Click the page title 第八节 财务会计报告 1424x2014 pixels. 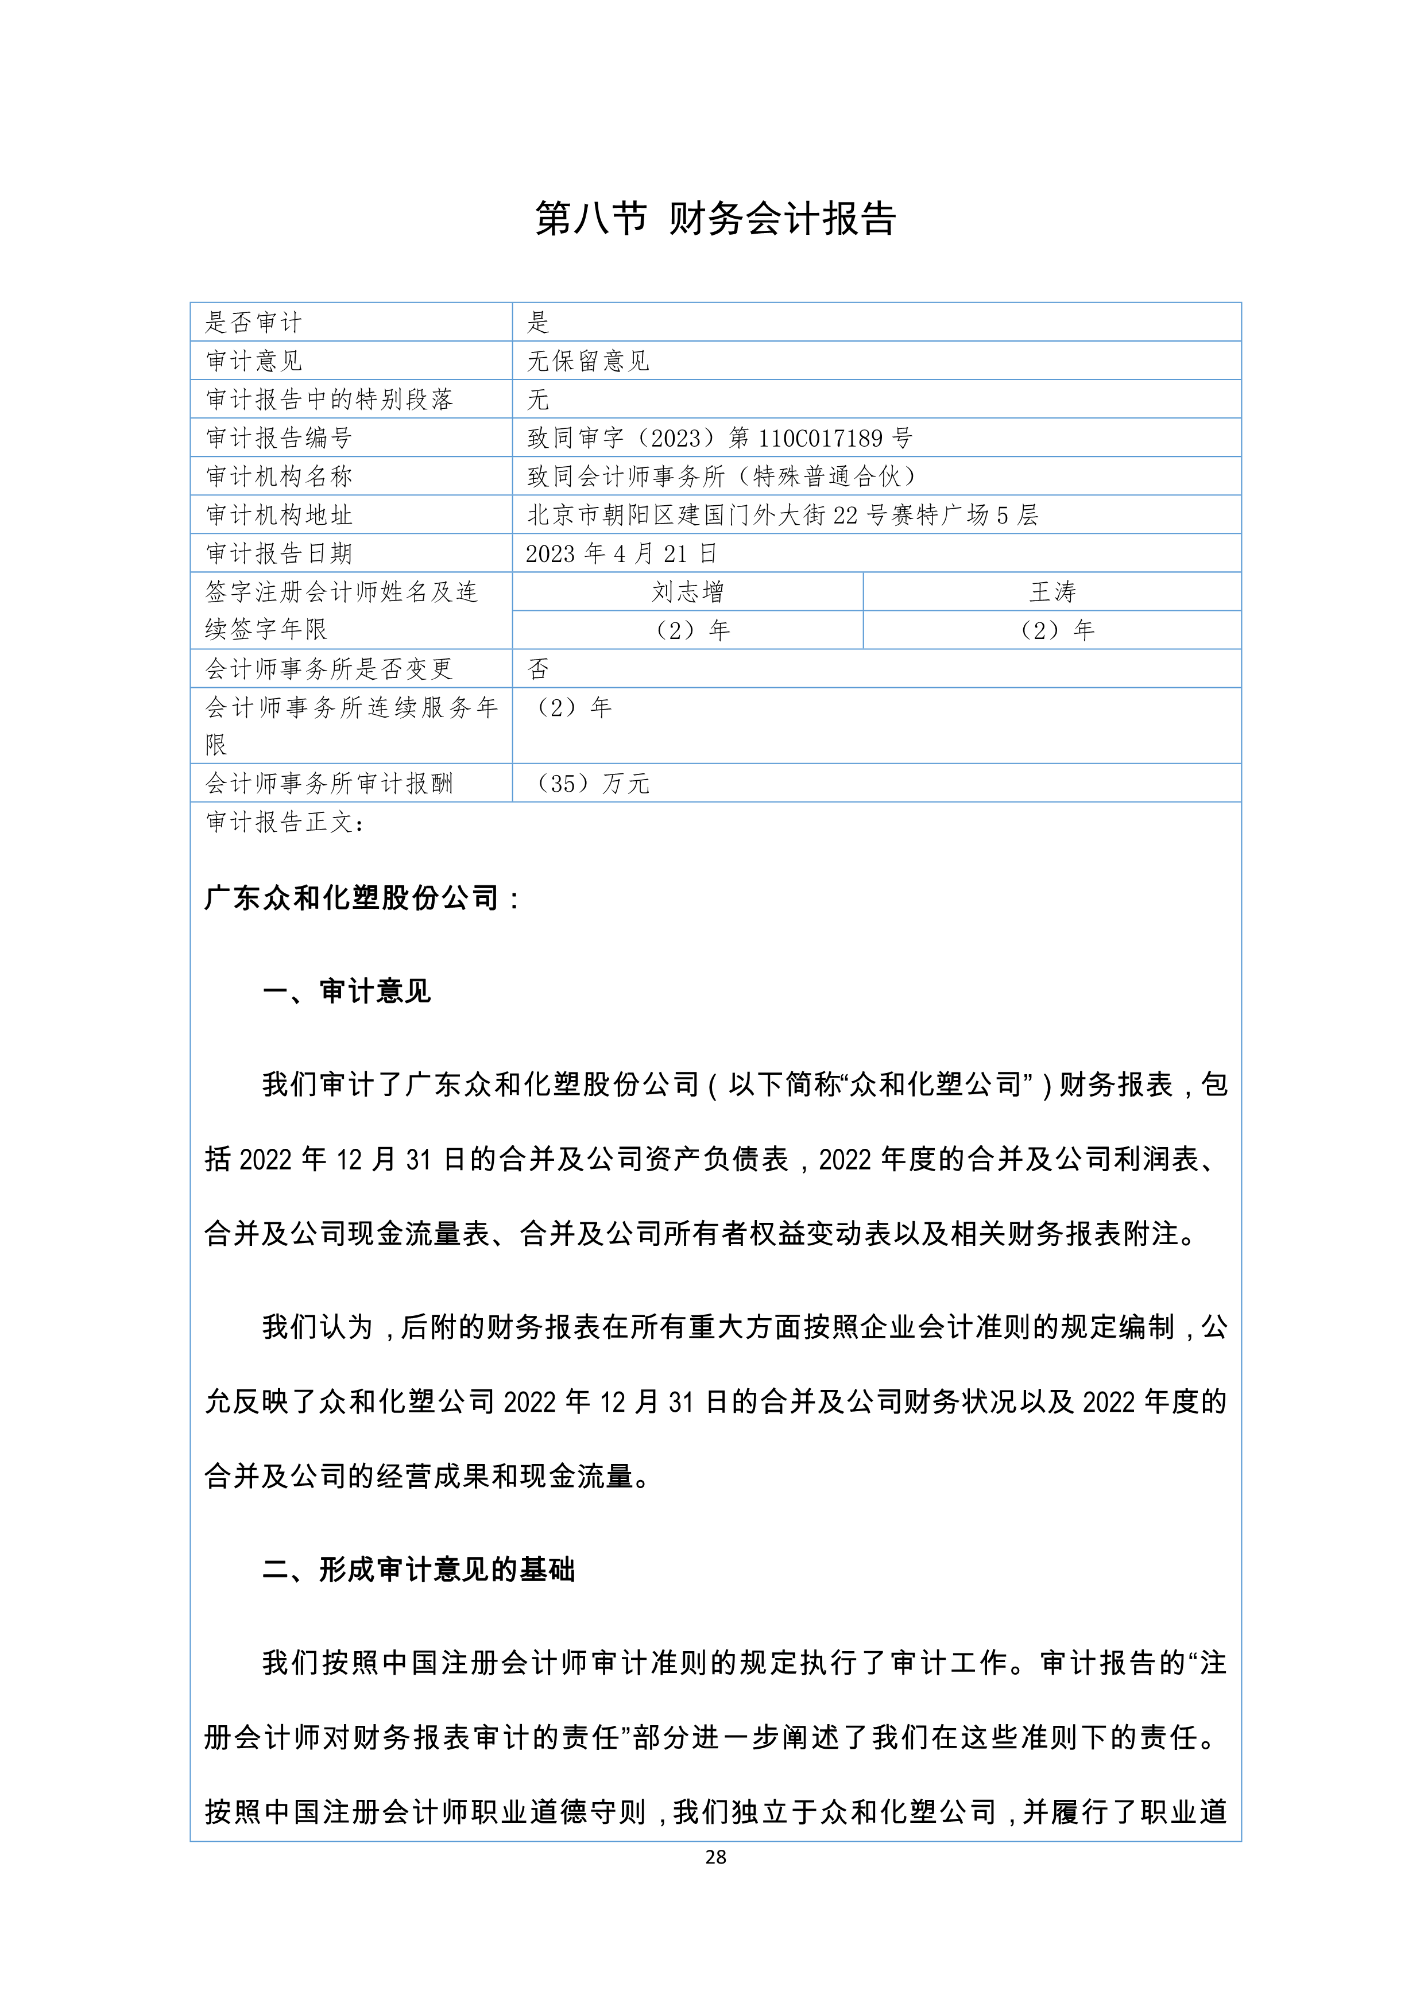point(715,218)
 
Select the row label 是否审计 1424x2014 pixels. point(254,322)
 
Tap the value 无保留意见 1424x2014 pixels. point(588,361)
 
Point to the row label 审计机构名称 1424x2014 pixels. point(279,477)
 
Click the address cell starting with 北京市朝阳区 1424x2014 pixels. point(783,515)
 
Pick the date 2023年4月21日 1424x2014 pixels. point(621,553)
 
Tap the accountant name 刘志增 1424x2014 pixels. point(688,592)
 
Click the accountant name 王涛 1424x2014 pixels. point(1052,592)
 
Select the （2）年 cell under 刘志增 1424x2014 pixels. point(688,630)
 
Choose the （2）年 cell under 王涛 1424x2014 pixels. point(1052,630)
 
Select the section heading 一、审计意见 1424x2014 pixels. point(347,991)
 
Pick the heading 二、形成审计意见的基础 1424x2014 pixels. point(419,1569)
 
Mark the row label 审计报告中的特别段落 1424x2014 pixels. point(329,399)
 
